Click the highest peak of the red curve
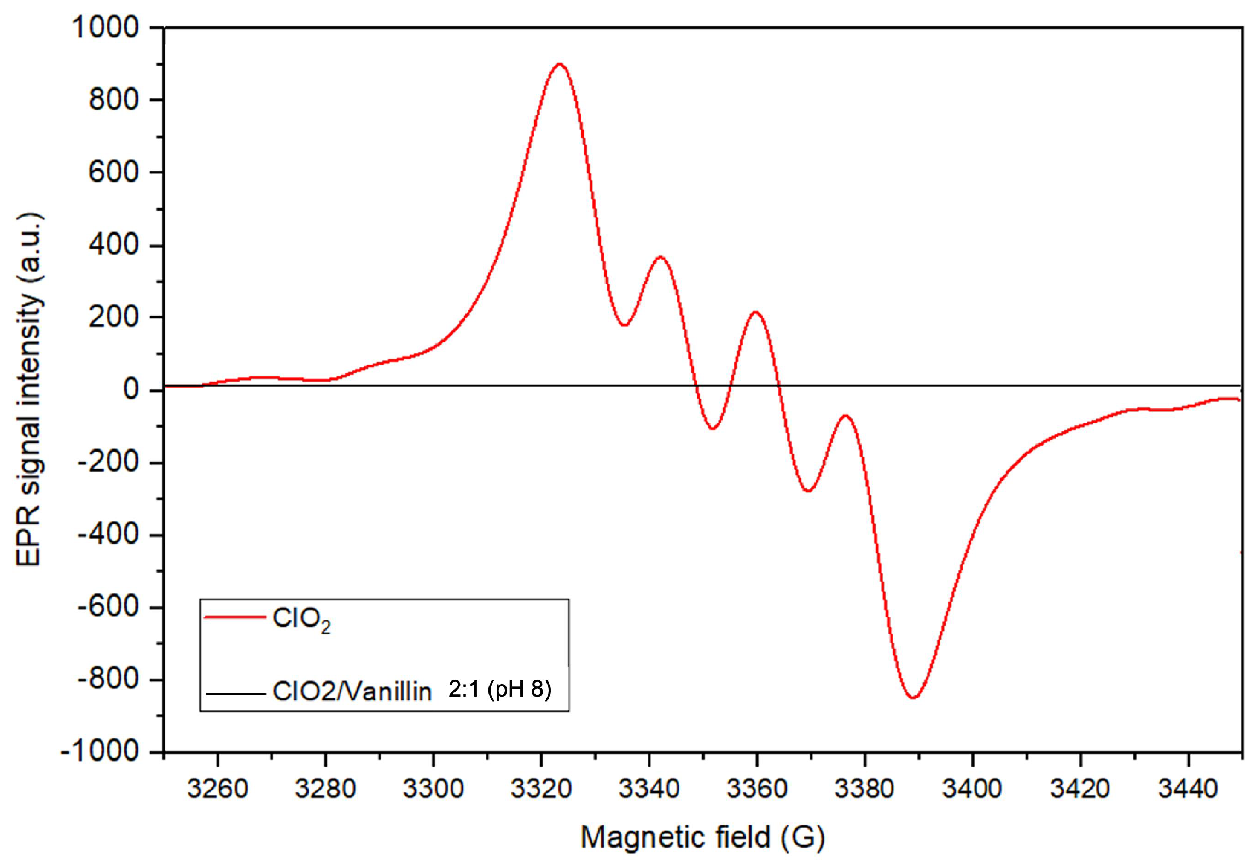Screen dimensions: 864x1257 (x=559, y=64)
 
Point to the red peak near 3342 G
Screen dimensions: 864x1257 (x=660, y=256)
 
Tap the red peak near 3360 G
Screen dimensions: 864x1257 (x=756, y=312)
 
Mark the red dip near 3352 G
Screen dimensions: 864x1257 (x=713, y=428)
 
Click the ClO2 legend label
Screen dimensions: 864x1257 (x=301, y=620)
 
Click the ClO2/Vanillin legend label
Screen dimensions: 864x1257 (x=352, y=692)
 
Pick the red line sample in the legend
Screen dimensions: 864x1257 (x=235, y=617)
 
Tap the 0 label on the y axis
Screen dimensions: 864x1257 (x=131, y=389)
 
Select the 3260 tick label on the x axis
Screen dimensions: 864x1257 (x=217, y=789)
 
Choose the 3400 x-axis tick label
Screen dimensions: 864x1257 (x=972, y=789)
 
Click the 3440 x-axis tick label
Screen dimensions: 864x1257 (x=1188, y=789)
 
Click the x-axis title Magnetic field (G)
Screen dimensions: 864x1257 (x=702, y=837)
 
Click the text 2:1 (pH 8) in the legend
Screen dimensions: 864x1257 (x=499, y=689)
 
